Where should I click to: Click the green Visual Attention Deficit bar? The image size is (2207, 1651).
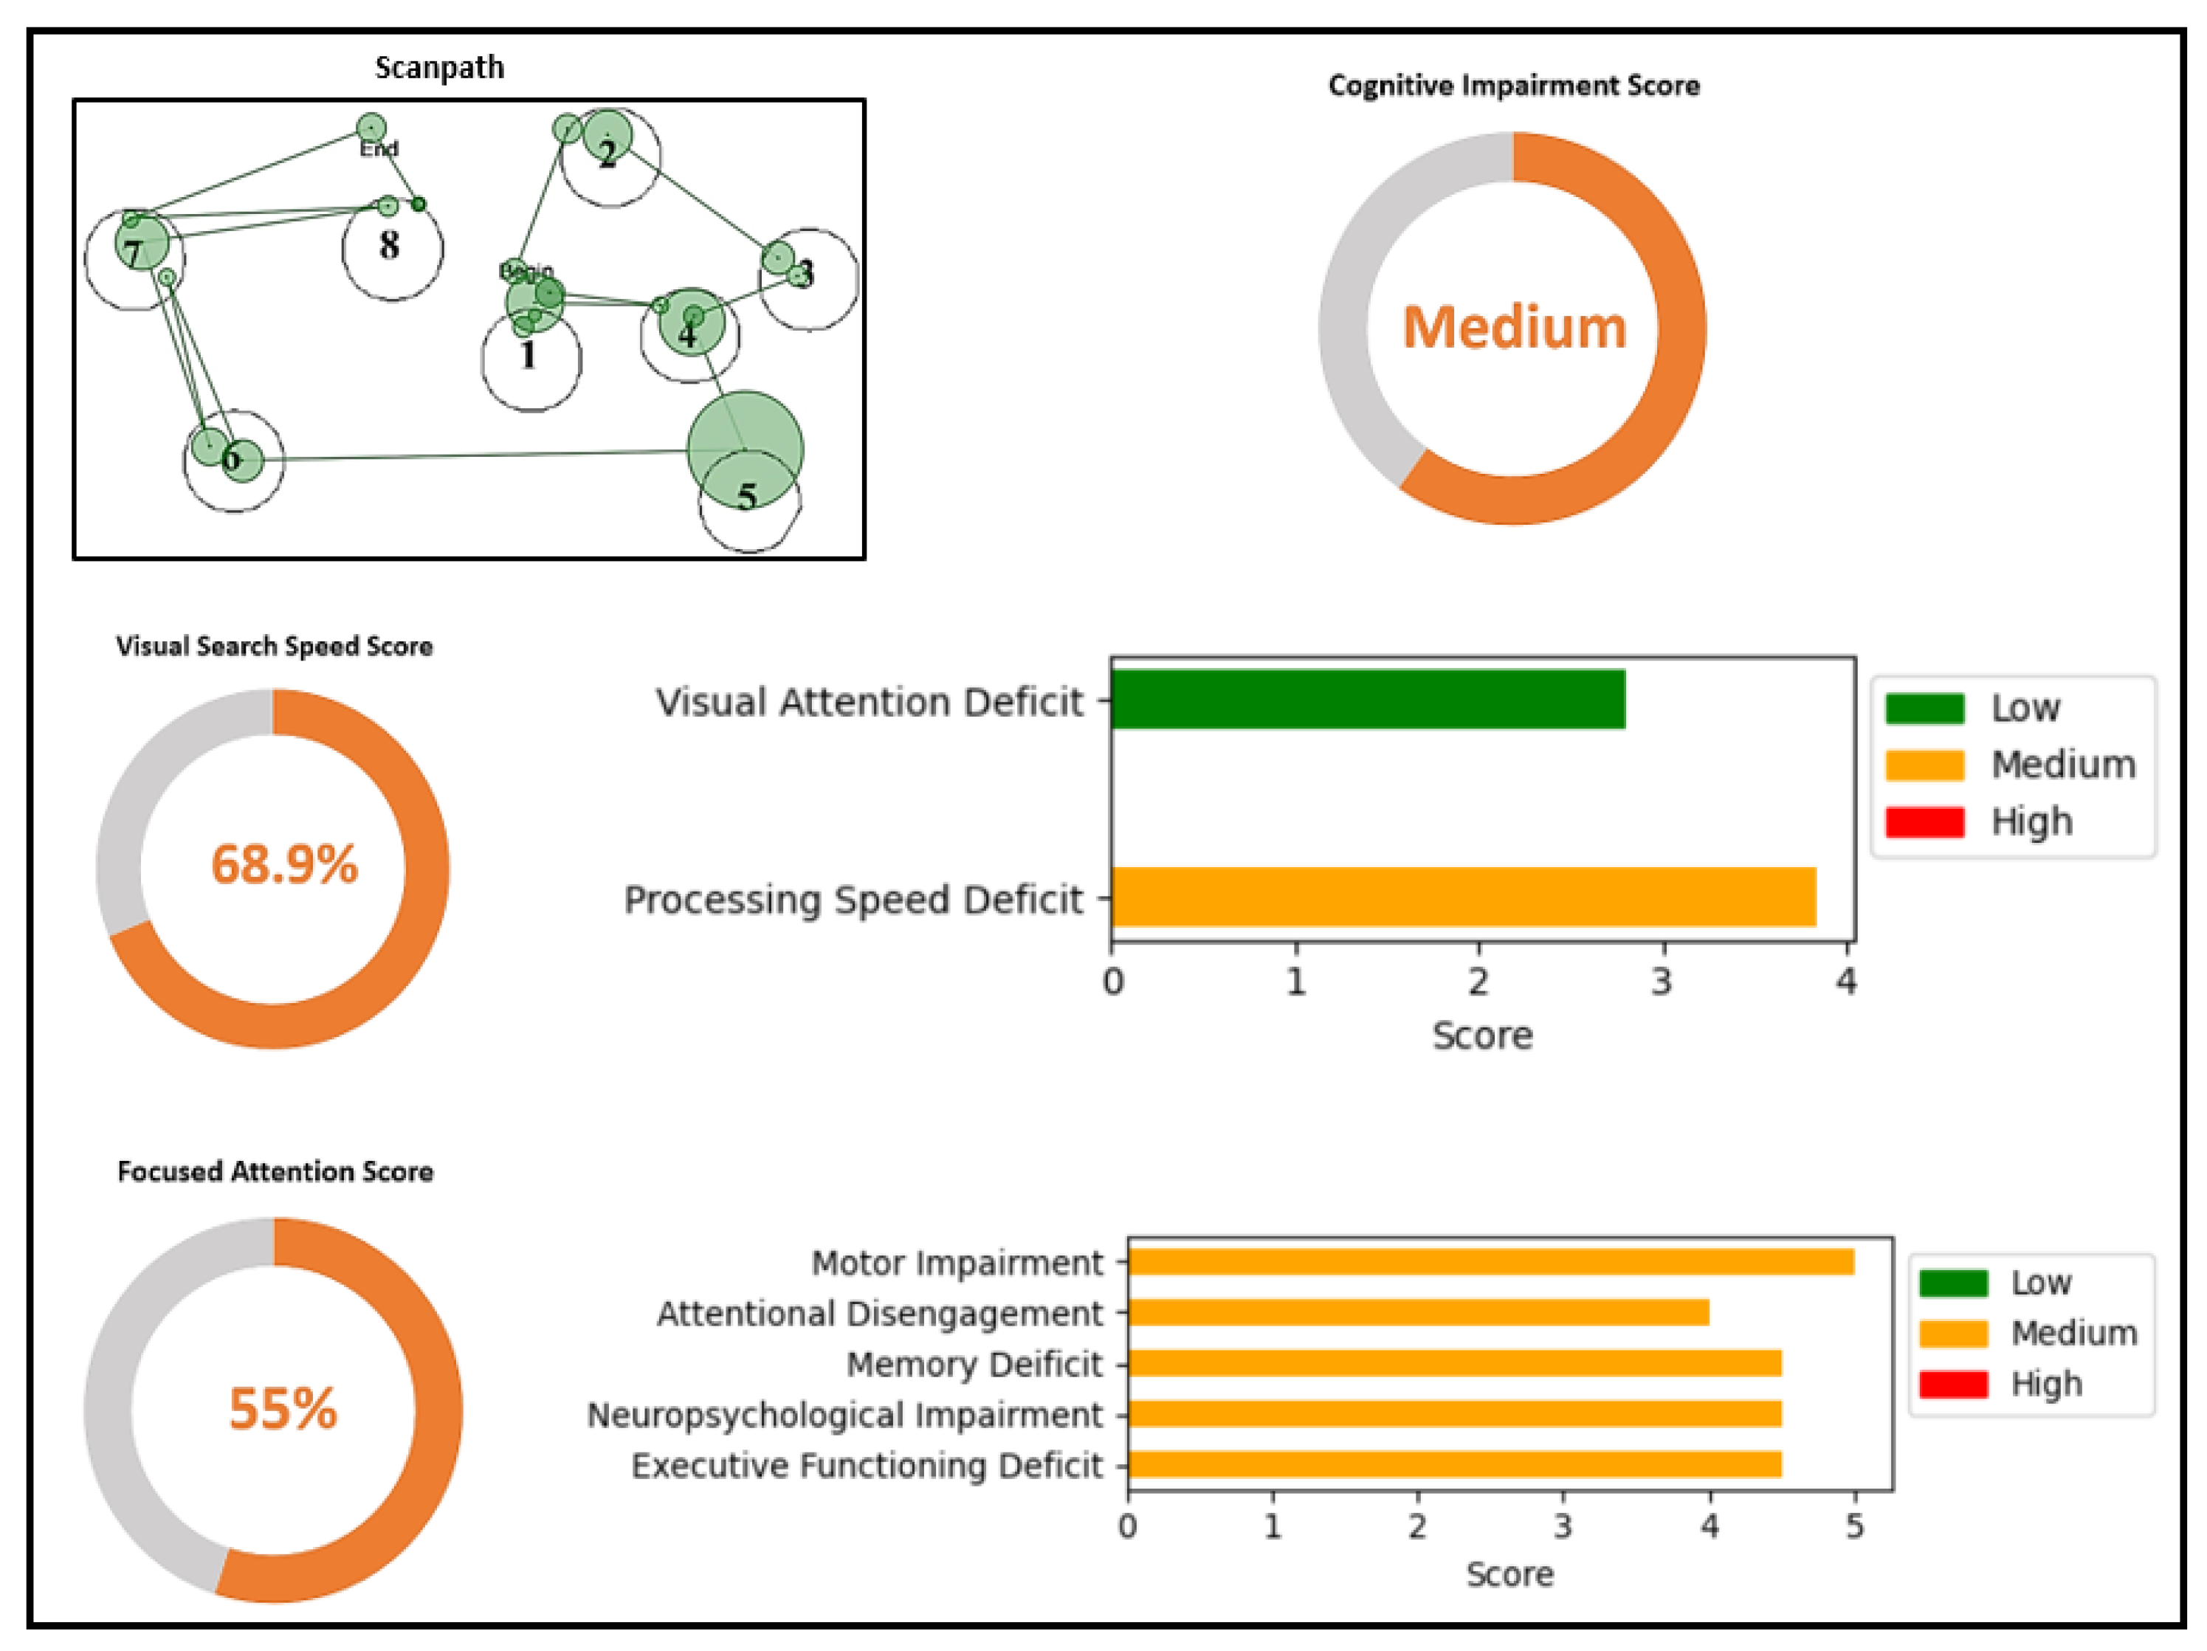click(x=1367, y=700)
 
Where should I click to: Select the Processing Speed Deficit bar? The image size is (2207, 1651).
click(x=1463, y=897)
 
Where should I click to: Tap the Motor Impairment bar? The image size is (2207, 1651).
click(x=1490, y=1262)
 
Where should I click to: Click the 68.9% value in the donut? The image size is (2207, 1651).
click(x=283, y=864)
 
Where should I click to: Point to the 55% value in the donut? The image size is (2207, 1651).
click(x=283, y=1409)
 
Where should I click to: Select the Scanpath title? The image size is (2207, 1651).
click(x=439, y=68)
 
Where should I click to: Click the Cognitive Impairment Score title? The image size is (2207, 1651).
click(x=1514, y=86)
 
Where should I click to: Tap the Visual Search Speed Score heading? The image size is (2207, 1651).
click(x=275, y=647)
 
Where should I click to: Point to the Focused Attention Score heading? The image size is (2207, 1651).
click(x=275, y=1171)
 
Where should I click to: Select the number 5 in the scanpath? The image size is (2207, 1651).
click(x=746, y=496)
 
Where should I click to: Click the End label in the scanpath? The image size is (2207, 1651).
click(x=379, y=148)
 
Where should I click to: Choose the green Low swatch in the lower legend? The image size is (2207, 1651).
click(x=1952, y=1283)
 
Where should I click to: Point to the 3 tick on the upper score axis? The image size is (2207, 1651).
click(x=1662, y=982)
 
